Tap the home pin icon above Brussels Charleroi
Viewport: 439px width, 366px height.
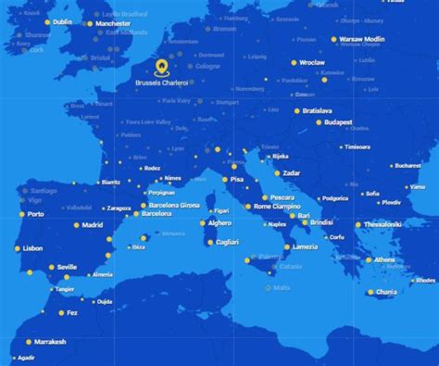click(162, 67)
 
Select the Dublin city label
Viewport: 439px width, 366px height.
click(63, 22)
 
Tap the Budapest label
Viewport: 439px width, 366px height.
click(338, 122)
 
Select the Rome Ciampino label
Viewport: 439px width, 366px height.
click(278, 207)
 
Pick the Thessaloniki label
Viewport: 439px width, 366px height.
click(383, 224)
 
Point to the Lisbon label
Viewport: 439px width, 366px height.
click(33, 248)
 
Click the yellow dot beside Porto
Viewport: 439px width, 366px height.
click(19, 214)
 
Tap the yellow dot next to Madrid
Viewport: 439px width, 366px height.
click(74, 225)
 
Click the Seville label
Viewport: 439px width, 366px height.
click(67, 267)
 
